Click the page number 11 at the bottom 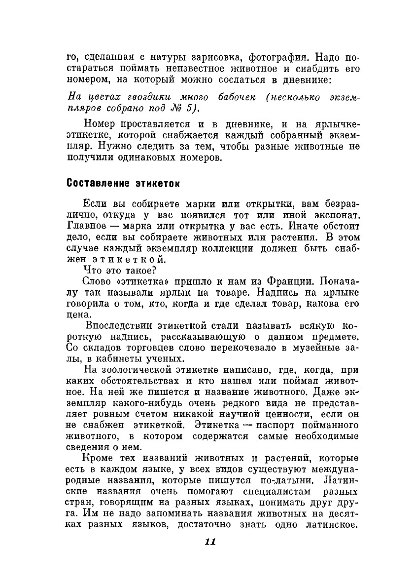[210, 542]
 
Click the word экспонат [331, 215]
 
